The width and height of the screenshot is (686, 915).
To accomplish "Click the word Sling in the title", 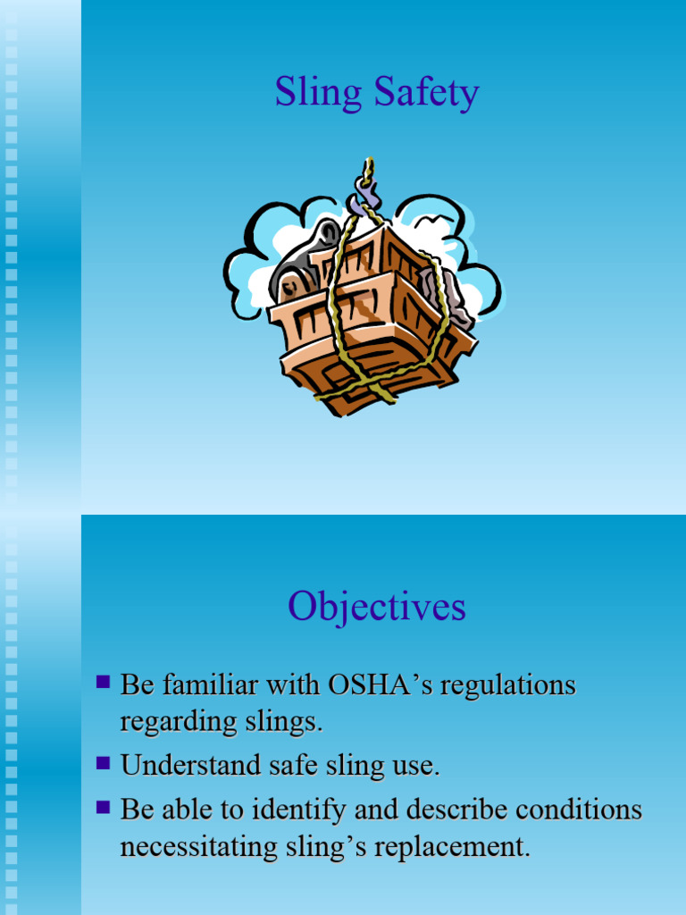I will click(308, 94).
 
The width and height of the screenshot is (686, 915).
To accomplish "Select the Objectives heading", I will click(376, 608).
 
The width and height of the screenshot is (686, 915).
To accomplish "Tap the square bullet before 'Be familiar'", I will click(103, 683).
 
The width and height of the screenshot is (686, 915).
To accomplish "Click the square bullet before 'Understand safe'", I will click(103, 762).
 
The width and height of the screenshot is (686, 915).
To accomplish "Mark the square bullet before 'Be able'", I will click(103, 807).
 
